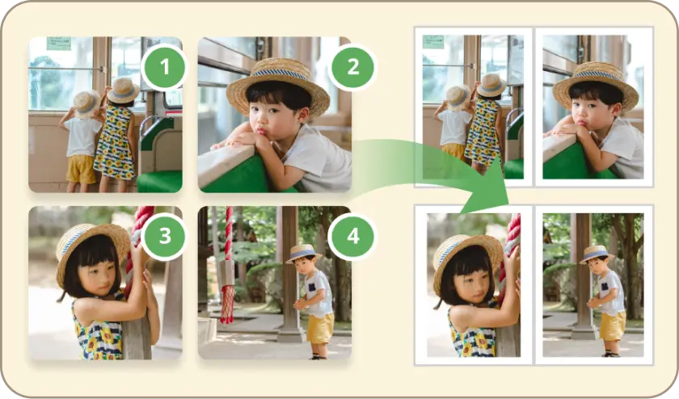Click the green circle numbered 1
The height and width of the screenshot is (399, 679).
pos(164,68)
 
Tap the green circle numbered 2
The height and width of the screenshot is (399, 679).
pos(353,68)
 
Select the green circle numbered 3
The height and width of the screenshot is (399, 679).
pos(164,237)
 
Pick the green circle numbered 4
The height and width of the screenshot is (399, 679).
pos(353,237)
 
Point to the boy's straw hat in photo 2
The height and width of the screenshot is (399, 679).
pos(278,84)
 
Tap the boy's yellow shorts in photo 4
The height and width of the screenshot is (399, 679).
pos(320,328)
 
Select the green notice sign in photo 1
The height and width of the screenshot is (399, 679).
pos(59,44)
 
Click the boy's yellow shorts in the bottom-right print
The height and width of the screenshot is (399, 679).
pos(613,325)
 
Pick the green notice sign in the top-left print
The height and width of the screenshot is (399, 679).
pos(433,42)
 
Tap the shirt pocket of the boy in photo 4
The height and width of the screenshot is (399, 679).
pos(312,287)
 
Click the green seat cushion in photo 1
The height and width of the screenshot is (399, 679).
pos(160,181)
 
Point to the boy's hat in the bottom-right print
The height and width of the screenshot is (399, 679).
pos(597,254)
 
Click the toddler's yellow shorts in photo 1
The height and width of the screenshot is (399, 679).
pos(81,169)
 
